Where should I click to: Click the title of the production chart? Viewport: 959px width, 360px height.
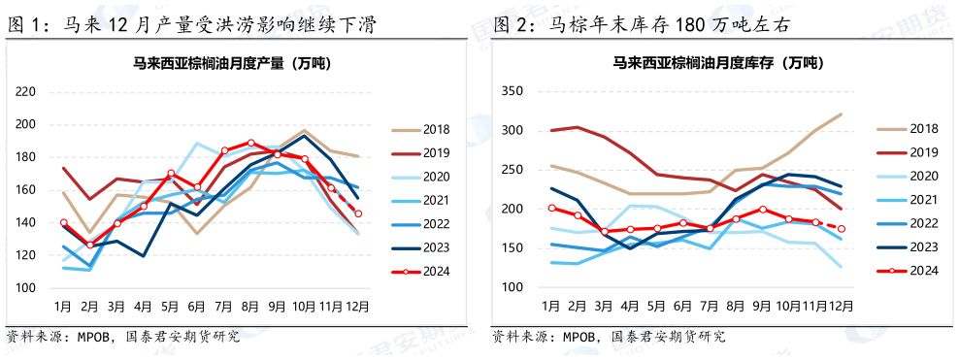pyautogui.click(x=231, y=65)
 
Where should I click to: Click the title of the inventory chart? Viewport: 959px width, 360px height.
pyautogui.click(x=713, y=65)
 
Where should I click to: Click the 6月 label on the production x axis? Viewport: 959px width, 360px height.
pyautogui.click(x=197, y=306)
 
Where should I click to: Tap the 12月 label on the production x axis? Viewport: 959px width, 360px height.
pyautogui.click(x=357, y=306)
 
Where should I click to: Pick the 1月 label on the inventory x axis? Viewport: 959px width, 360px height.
pyautogui.click(x=550, y=306)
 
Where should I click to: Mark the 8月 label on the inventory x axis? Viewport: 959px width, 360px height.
pyautogui.click(x=736, y=306)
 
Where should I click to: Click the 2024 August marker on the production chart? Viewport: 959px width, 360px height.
pyautogui.click(x=250, y=143)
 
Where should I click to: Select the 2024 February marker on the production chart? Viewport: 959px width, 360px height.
pyautogui.click(x=90, y=245)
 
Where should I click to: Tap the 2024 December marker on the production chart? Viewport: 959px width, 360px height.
pyautogui.click(x=357, y=213)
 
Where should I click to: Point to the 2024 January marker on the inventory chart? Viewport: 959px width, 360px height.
pyautogui.click(x=550, y=208)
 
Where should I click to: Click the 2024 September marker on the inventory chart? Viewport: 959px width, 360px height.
pyautogui.click(x=762, y=210)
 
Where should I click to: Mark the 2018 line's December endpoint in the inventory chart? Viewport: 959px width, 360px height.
pyautogui.click(x=841, y=115)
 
